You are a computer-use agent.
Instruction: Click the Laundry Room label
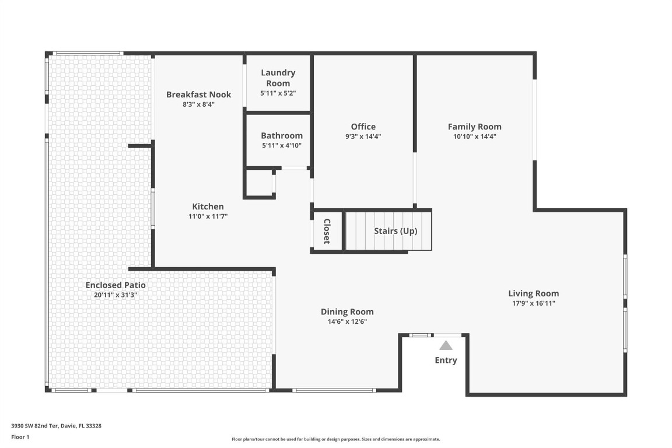[278, 78]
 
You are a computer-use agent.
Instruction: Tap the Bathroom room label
[281, 136]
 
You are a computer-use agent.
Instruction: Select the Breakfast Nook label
[198, 94]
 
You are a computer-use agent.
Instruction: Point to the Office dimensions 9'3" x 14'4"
[363, 136]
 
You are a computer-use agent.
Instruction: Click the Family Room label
[474, 127]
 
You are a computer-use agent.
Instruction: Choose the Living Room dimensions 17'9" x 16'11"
[533, 303]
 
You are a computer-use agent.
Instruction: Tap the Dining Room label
[347, 311]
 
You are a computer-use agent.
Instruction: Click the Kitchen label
[208, 206]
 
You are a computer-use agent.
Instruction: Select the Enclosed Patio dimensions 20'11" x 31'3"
[116, 295]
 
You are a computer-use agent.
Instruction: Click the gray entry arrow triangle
[446, 345]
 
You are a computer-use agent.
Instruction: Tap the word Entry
[446, 360]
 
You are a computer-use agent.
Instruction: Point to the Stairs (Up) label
[395, 231]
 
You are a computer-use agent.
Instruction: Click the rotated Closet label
[327, 231]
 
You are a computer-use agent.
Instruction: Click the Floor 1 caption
[20, 437]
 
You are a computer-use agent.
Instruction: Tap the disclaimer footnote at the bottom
[335, 439]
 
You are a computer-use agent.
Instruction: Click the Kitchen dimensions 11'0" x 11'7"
[208, 216]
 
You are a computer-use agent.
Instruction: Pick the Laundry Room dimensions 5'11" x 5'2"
[278, 93]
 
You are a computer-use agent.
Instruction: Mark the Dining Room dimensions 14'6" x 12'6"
[347, 321]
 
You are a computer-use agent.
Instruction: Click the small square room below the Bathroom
[258, 183]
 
